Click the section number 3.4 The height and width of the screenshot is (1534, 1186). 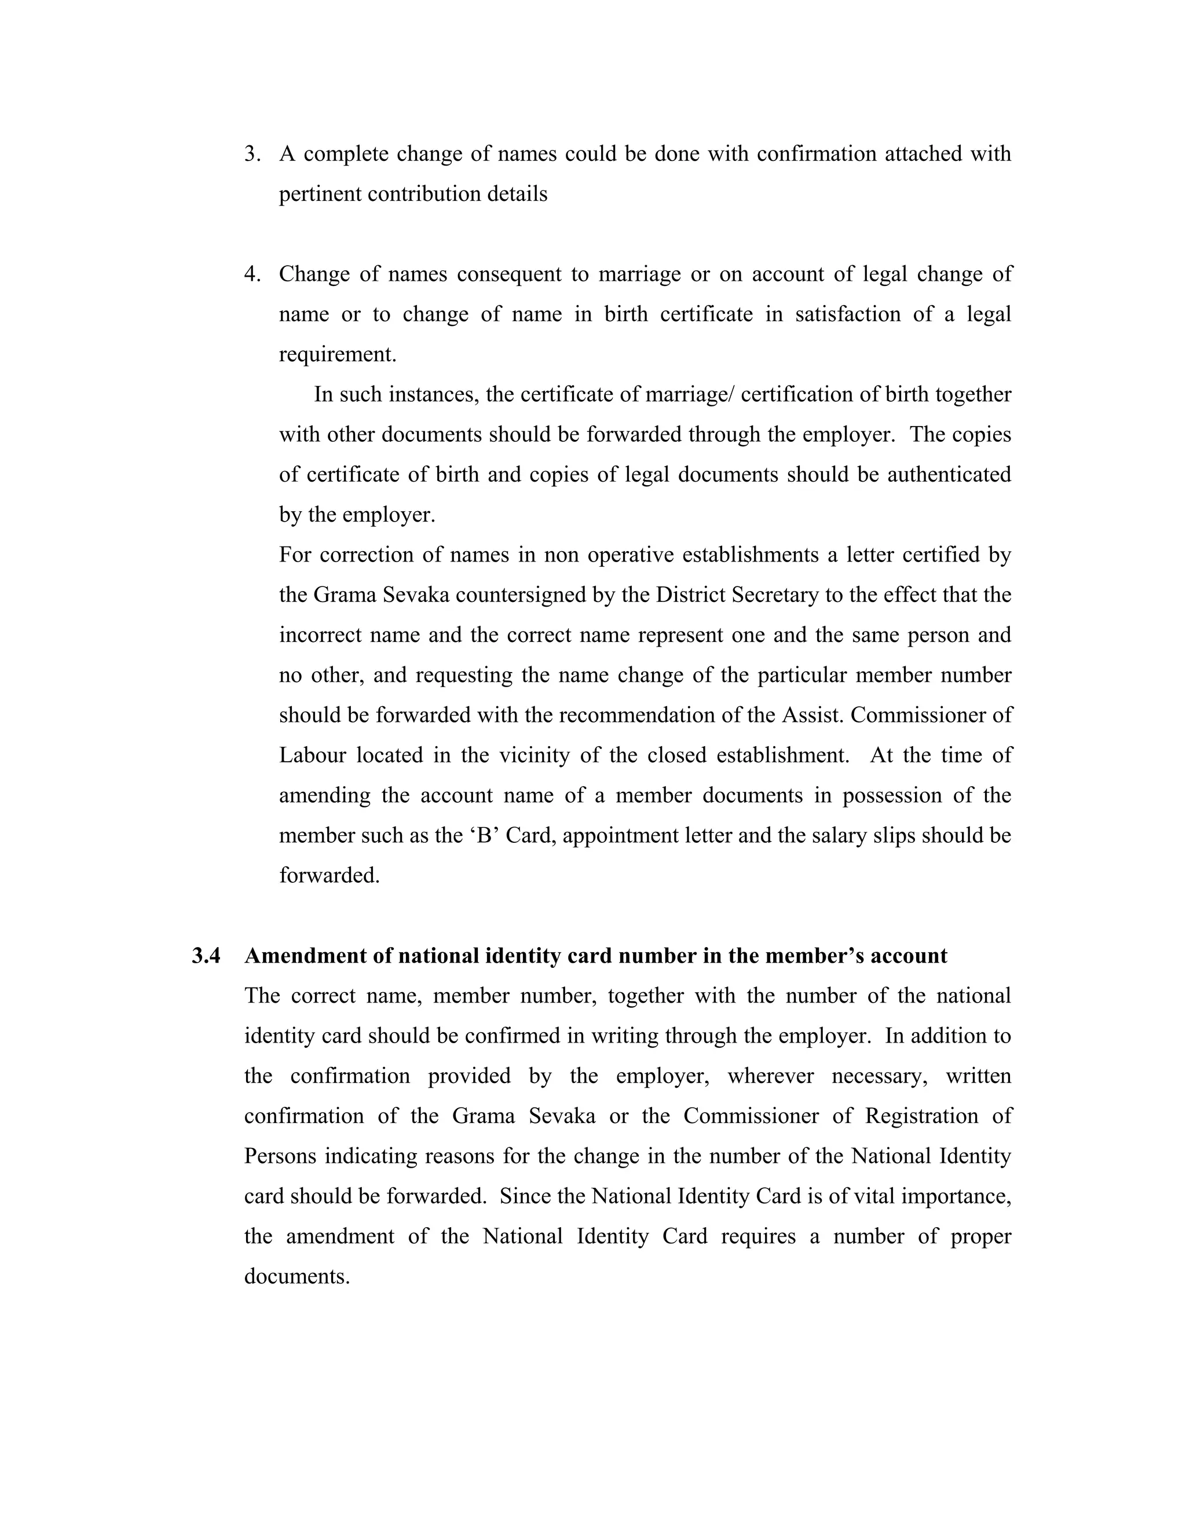(206, 956)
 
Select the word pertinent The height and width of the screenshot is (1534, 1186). (320, 194)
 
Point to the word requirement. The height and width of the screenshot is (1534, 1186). (337, 354)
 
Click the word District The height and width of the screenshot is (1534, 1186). (691, 595)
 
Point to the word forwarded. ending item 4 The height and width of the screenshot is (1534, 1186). (329, 875)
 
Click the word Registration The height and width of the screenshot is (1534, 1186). (921, 1116)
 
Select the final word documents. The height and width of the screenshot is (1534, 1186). (296, 1276)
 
